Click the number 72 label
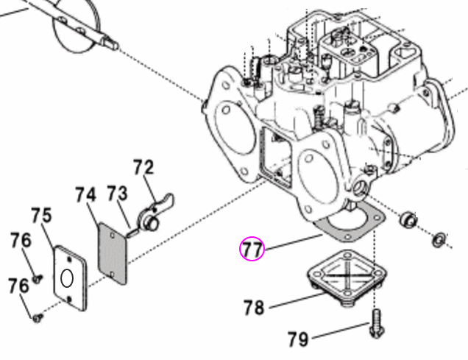(143, 168)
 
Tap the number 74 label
(86, 195)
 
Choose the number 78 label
(254, 306)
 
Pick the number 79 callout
(298, 339)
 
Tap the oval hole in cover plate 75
(66, 279)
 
